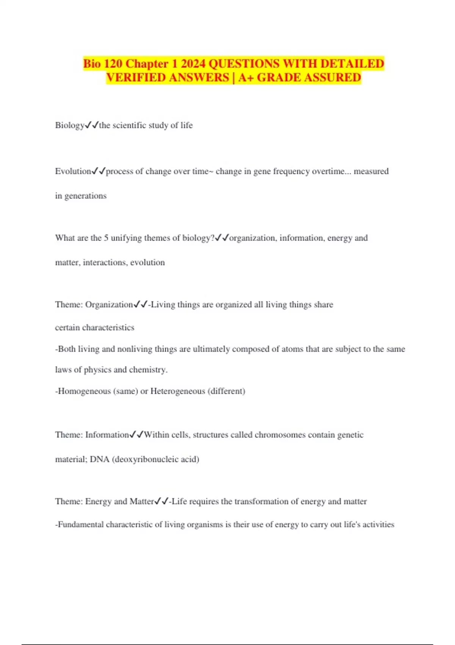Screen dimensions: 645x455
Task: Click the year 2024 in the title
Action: tap(193, 63)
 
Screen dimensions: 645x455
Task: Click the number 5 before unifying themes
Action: tap(106, 238)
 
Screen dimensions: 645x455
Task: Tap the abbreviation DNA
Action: tap(99, 459)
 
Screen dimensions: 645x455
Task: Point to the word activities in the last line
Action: tap(378, 524)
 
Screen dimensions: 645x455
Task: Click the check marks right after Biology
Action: tap(92, 125)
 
